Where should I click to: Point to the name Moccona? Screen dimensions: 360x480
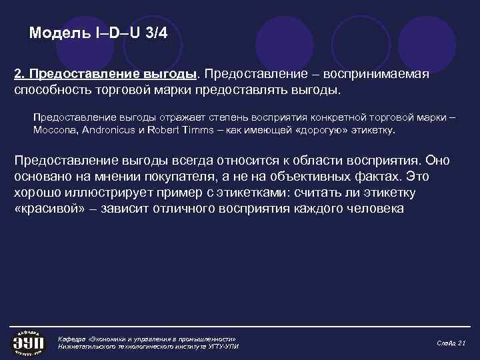55,130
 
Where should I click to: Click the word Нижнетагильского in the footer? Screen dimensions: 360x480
90,347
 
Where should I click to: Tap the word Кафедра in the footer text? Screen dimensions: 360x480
73,338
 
